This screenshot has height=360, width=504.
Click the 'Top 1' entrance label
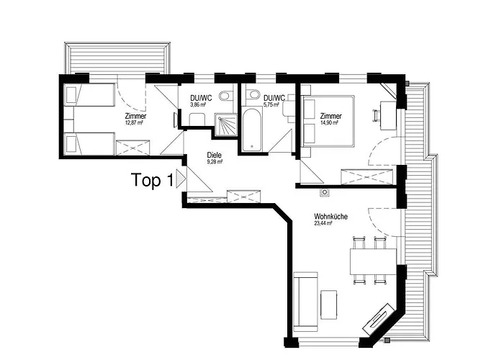coord(152,180)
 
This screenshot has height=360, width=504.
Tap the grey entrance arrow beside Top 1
coord(181,179)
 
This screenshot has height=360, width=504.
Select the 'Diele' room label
coord(214,156)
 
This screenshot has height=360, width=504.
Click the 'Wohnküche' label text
coord(330,217)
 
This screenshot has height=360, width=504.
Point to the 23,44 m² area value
coord(323,223)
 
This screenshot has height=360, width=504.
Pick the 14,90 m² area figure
coord(329,123)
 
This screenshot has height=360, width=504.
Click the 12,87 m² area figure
coord(134,122)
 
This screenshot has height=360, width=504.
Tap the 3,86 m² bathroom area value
coord(198,104)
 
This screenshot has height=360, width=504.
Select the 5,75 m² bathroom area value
coord(271,104)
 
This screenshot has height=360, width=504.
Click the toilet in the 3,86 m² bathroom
coord(226,94)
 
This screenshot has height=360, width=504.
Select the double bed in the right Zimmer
coord(328,121)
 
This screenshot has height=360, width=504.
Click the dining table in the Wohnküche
coord(373,261)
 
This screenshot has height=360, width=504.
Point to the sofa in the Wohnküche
coord(306,302)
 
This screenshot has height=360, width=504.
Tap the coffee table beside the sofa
coord(329,305)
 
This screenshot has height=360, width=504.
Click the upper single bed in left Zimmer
coord(89,94)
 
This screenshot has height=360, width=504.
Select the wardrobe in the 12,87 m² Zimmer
coord(133,148)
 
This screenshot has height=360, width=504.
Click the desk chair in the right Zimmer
coord(377,116)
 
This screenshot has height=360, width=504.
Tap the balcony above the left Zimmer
coord(117,58)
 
